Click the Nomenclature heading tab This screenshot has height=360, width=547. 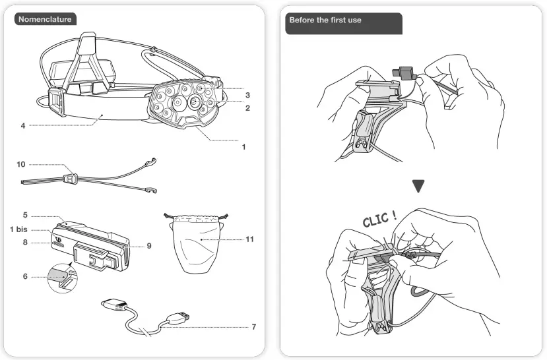pyautogui.click(x=44, y=19)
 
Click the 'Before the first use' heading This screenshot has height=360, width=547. pyautogui.click(x=325, y=20)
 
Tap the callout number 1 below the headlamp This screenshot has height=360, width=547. pyautogui.click(x=243, y=146)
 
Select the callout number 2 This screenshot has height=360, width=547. pyautogui.click(x=247, y=107)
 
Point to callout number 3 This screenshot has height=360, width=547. pyautogui.click(x=247, y=95)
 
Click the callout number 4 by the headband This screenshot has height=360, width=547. pyautogui.click(x=23, y=125)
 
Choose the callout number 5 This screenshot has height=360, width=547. pyautogui.click(x=24, y=214)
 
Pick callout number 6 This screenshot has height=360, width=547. pyautogui.click(x=24, y=276)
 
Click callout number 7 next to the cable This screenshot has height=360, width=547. pyautogui.click(x=253, y=326)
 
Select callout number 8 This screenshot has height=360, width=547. pyautogui.click(x=24, y=243)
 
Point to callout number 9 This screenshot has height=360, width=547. pyautogui.click(x=149, y=245)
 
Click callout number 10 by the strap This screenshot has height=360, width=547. pyautogui.click(x=21, y=164)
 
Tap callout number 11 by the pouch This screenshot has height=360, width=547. pyautogui.click(x=249, y=239)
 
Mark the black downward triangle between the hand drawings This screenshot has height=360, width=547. pyautogui.click(x=418, y=187)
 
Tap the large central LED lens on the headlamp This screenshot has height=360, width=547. pyautogui.click(x=195, y=102)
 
